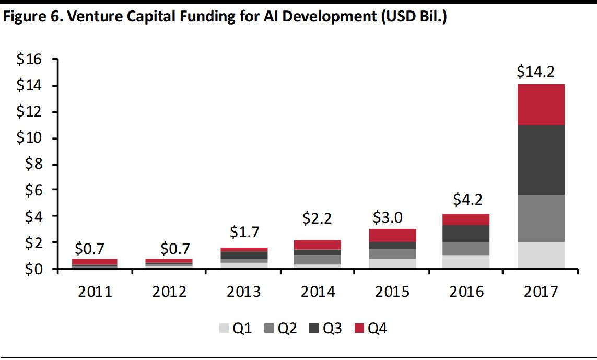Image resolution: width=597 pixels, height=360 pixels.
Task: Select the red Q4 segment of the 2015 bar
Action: coord(392,236)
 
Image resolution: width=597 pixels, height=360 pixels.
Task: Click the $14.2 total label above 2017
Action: coord(541,71)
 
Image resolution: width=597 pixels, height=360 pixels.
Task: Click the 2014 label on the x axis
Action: coord(318,291)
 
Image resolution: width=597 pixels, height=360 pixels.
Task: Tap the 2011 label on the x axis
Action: coord(95,291)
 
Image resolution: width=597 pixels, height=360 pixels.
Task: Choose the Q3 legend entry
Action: coord(327,329)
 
